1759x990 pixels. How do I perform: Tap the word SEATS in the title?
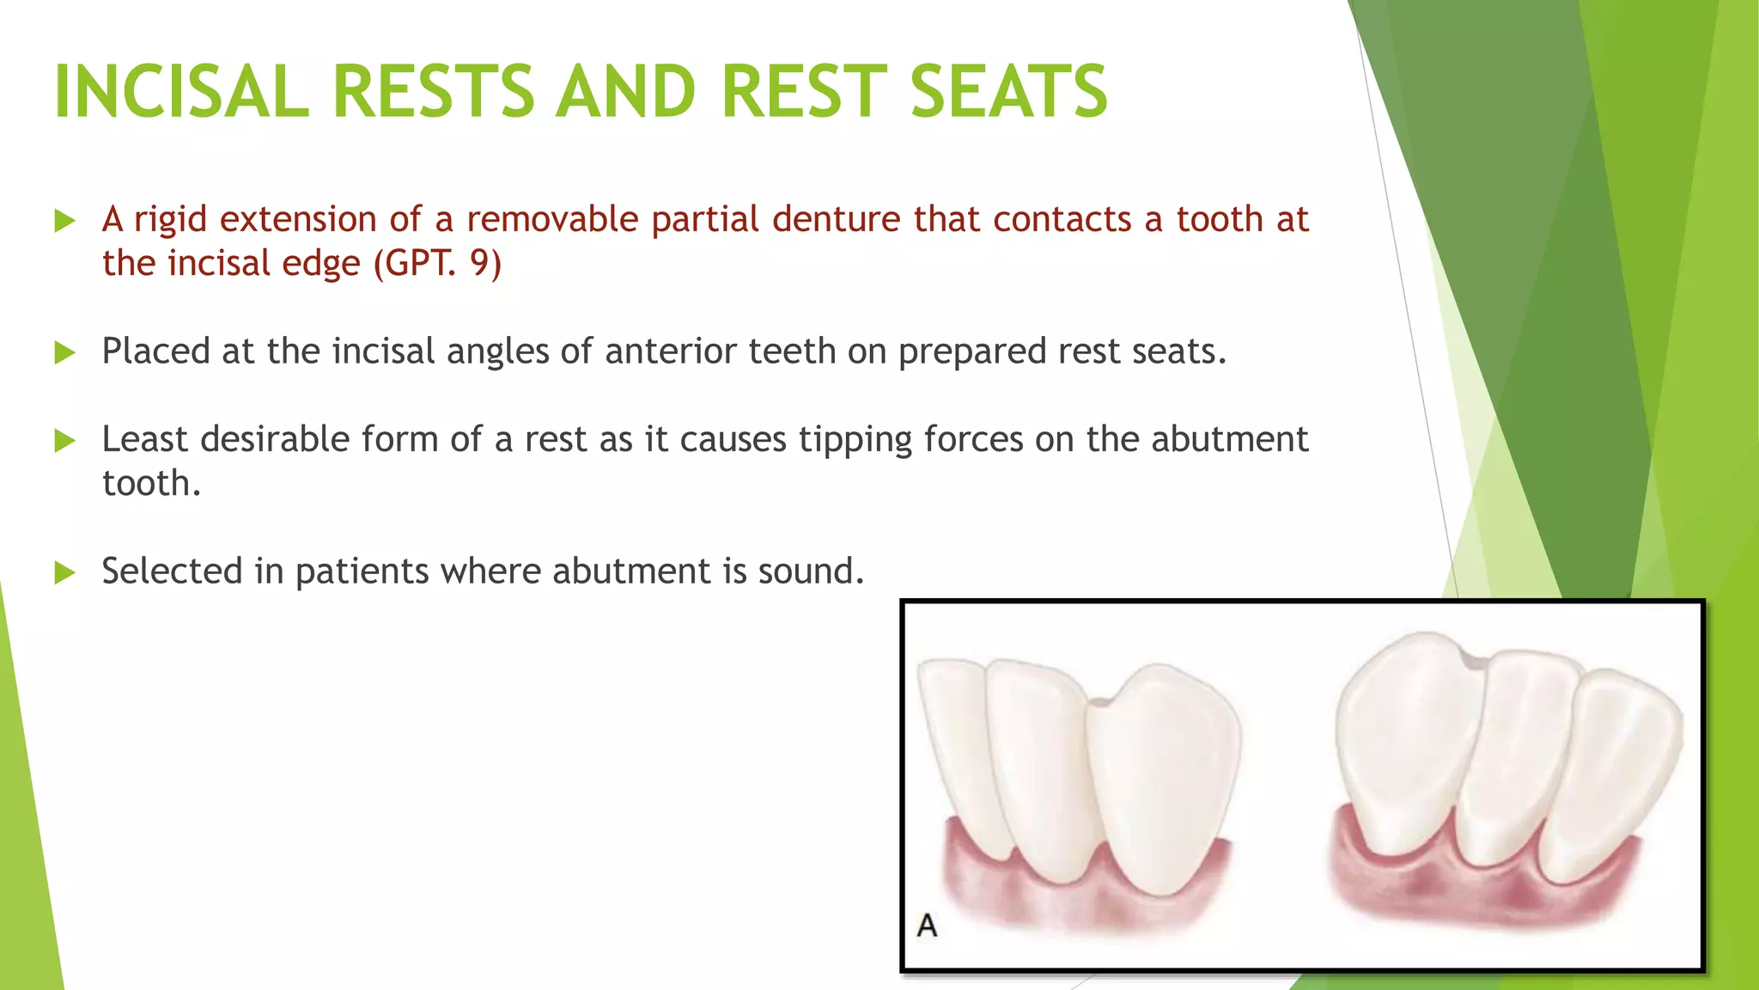pyautogui.click(x=1008, y=92)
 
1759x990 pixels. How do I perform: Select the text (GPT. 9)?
pyautogui.click(x=438, y=263)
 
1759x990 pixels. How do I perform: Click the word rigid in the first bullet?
pyautogui.click(x=170, y=220)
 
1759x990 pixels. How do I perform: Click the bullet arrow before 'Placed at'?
pyautogui.click(x=65, y=352)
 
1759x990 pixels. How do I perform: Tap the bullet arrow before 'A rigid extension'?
pyautogui.click(x=65, y=221)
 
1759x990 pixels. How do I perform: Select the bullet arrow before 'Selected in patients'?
pyautogui.click(x=65, y=572)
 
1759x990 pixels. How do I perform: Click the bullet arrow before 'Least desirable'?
pyautogui.click(x=65, y=441)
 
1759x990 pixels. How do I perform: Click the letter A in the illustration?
pyautogui.click(x=927, y=926)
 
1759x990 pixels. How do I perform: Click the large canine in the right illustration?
pyautogui.click(x=1409, y=739)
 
